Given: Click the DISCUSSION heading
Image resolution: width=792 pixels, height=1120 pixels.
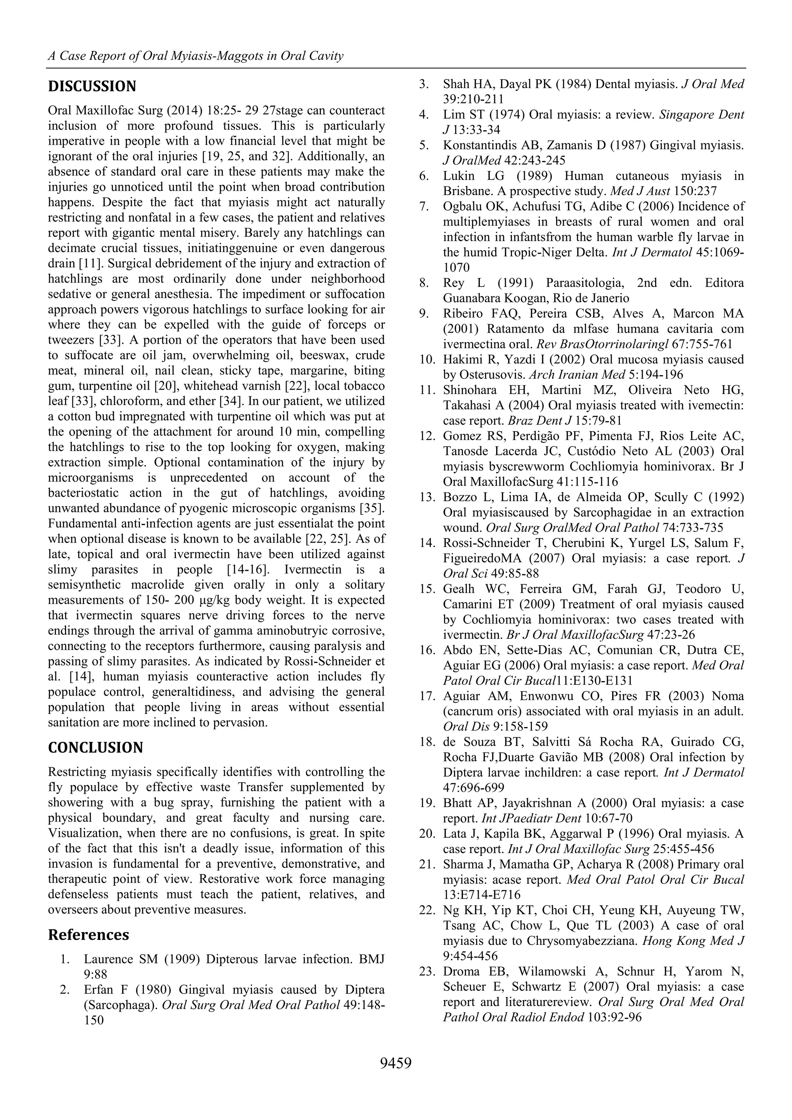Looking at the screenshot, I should click(92, 87).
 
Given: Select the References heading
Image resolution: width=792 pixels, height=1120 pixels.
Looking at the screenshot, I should click(88, 935).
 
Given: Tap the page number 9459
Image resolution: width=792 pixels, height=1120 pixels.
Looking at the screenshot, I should click(396, 1062).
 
